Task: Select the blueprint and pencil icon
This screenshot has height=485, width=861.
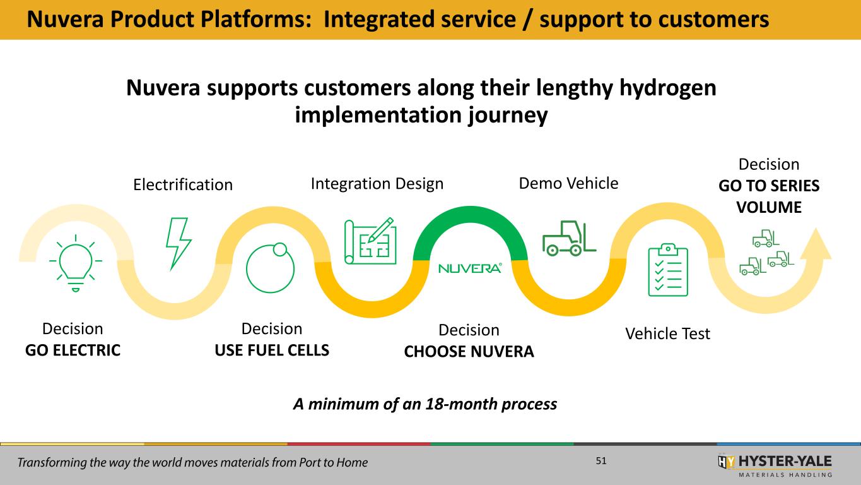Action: (x=369, y=241)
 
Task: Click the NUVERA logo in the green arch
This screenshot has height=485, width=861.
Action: (x=470, y=268)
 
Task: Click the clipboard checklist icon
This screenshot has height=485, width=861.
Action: (x=669, y=269)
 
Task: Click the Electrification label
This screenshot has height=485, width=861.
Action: (x=183, y=185)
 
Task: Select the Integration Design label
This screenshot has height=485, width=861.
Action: (x=377, y=184)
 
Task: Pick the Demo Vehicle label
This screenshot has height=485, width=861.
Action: (x=568, y=183)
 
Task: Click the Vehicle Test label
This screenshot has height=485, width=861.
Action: (x=667, y=333)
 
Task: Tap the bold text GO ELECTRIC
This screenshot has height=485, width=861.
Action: (x=73, y=350)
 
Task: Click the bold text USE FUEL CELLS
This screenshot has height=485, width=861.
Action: (x=272, y=350)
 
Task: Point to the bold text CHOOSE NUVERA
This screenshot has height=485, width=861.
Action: (x=469, y=352)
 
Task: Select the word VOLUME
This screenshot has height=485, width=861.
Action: (x=769, y=207)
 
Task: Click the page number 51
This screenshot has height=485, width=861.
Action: (x=600, y=462)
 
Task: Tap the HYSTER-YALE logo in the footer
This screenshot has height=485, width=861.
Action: (x=775, y=464)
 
